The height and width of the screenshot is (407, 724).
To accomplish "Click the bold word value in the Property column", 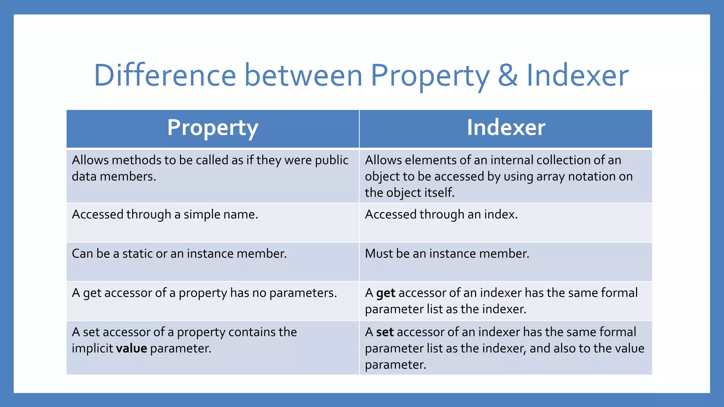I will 132,348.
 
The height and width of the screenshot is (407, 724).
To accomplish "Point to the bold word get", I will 385,293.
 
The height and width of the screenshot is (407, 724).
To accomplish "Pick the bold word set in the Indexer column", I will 385,332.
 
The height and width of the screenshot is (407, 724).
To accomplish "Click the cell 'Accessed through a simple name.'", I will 165,214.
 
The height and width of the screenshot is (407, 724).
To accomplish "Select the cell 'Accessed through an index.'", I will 441,214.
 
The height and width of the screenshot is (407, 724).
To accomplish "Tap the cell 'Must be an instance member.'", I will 447,254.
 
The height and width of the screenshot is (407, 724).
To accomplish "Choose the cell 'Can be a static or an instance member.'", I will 179,254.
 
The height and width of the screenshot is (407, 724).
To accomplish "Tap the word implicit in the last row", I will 92,348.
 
